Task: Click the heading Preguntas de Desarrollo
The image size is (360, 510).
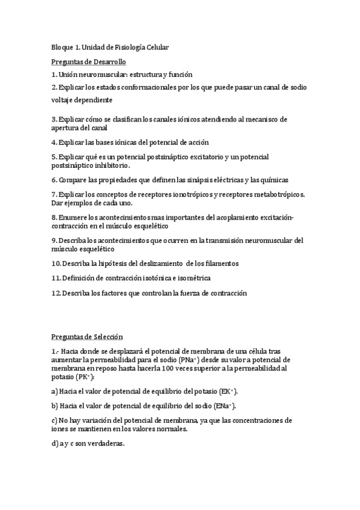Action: [88, 61]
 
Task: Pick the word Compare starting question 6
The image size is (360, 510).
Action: [73, 180]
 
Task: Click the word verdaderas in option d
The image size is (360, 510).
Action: [103, 444]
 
